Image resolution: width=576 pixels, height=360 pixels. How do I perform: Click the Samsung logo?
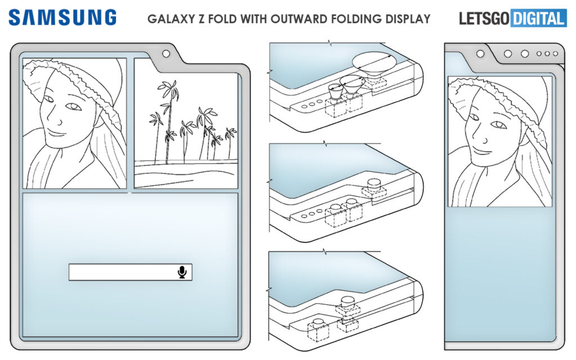[62, 17]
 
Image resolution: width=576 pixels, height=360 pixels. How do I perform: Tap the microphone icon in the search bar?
[182, 272]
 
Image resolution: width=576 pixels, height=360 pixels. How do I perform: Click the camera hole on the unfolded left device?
[166, 54]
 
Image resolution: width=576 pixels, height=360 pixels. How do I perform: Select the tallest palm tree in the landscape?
[167, 112]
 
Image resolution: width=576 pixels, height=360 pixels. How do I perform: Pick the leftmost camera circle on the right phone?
[480, 54]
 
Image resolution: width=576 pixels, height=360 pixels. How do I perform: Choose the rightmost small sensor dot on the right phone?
[555, 54]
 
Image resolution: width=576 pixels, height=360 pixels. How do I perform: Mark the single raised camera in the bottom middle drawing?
[347, 303]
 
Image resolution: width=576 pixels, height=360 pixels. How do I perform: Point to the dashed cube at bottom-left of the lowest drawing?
[319, 331]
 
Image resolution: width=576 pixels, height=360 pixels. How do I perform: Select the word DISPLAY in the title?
[407, 19]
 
